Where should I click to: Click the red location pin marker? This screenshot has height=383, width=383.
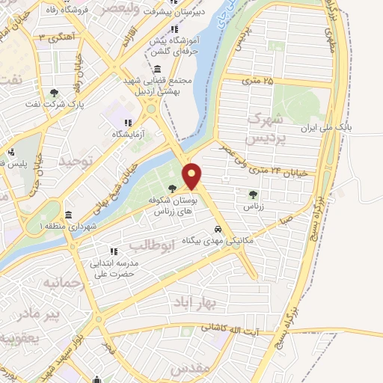(x=192, y=177)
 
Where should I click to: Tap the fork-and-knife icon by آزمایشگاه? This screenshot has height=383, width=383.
(x=128, y=122)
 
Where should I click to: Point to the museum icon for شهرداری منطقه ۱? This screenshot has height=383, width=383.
(x=68, y=214)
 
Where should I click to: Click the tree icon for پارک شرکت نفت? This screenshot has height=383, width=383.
(x=54, y=93)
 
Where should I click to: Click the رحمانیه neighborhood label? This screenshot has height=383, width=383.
(x=51, y=284)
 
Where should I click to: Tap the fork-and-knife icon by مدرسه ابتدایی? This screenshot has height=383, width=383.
(x=112, y=251)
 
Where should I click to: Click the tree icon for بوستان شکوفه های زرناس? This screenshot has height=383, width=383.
(x=173, y=188)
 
